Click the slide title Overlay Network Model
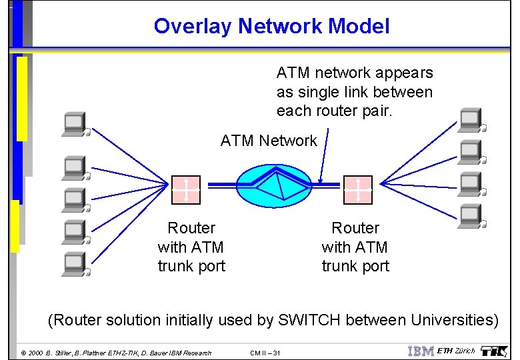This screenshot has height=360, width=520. pos(271,26)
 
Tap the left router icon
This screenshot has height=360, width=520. pos(186,189)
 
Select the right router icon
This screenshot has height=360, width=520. pos(358,189)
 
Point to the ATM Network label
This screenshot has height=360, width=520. pos(269,141)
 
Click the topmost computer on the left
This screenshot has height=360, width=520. pos(74,123)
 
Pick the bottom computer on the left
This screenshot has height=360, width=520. pos(74,264)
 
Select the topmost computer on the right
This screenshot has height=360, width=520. pos(471,120)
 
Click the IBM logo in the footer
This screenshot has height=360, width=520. pos(421,351)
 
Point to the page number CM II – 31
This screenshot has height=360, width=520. pos(265,353)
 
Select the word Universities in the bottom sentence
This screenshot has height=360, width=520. pos(454,320)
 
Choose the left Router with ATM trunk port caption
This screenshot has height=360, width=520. pos(191,247)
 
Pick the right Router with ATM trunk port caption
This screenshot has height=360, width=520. pos(355,247)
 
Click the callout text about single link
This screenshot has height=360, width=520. pos(355,92)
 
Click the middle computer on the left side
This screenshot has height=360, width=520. pos(74,199)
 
